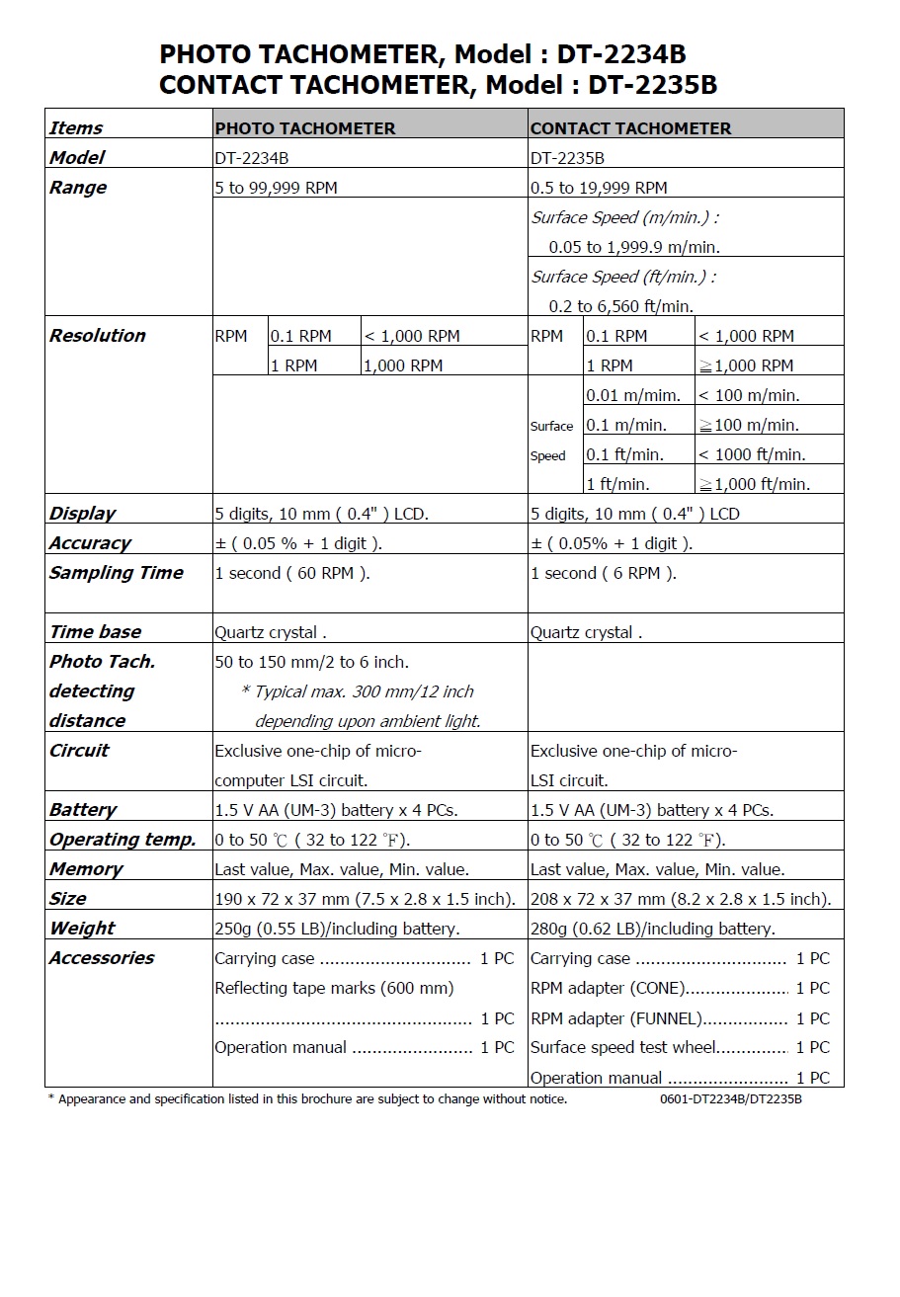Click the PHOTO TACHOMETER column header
304,128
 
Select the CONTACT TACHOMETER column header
630,128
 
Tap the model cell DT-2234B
251,158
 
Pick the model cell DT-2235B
567,158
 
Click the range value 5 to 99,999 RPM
276,188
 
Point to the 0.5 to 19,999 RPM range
599,188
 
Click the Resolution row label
97,336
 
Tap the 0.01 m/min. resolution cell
632,395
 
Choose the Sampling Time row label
116,573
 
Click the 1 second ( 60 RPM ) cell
291,573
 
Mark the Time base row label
95,632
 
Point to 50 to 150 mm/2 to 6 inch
311,662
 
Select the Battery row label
83,810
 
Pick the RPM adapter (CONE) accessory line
607,988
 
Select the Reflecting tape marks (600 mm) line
334,988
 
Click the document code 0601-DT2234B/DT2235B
730,1099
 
